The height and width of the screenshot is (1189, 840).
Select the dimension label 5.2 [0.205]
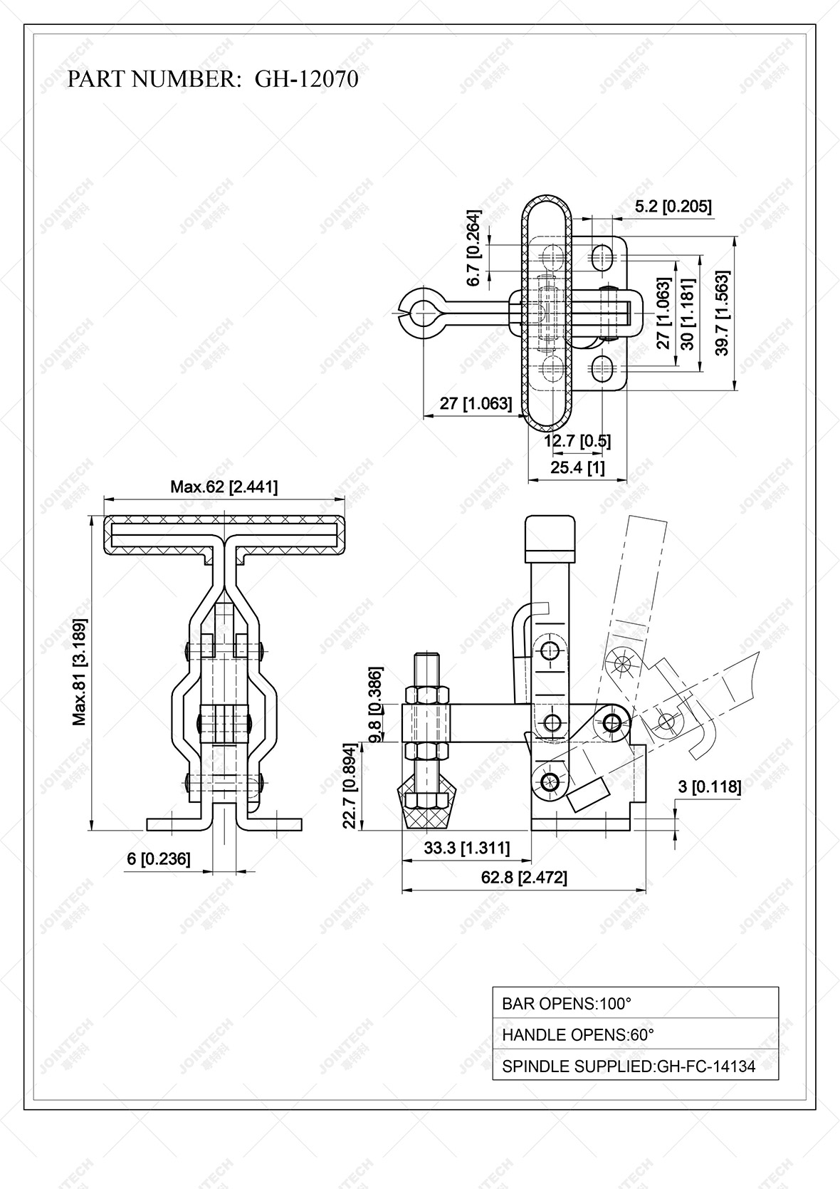(x=672, y=207)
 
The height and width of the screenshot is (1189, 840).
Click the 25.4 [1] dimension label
(x=577, y=467)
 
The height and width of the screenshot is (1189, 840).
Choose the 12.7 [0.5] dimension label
(x=577, y=441)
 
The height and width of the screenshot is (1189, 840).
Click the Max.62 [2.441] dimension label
(x=224, y=487)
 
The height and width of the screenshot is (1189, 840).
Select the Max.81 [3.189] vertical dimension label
(x=80, y=673)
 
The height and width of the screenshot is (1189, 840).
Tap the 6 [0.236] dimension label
(x=158, y=859)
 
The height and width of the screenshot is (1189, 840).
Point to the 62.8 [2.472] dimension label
(x=524, y=878)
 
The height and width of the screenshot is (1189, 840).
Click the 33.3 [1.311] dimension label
(x=466, y=848)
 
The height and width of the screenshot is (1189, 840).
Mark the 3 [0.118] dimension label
(x=709, y=786)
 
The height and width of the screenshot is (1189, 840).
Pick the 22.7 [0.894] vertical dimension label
(x=349, y=786)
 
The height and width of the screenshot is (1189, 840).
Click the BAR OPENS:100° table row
(x=635, y=1004)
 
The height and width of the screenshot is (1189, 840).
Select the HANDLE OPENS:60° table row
(x=635, y=1034)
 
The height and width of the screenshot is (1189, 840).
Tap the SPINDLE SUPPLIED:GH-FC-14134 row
(x=635, y=1066)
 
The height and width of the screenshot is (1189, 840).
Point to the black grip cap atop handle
(x=550, y=535)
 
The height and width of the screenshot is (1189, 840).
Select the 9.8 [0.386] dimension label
(x=376, y=704)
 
